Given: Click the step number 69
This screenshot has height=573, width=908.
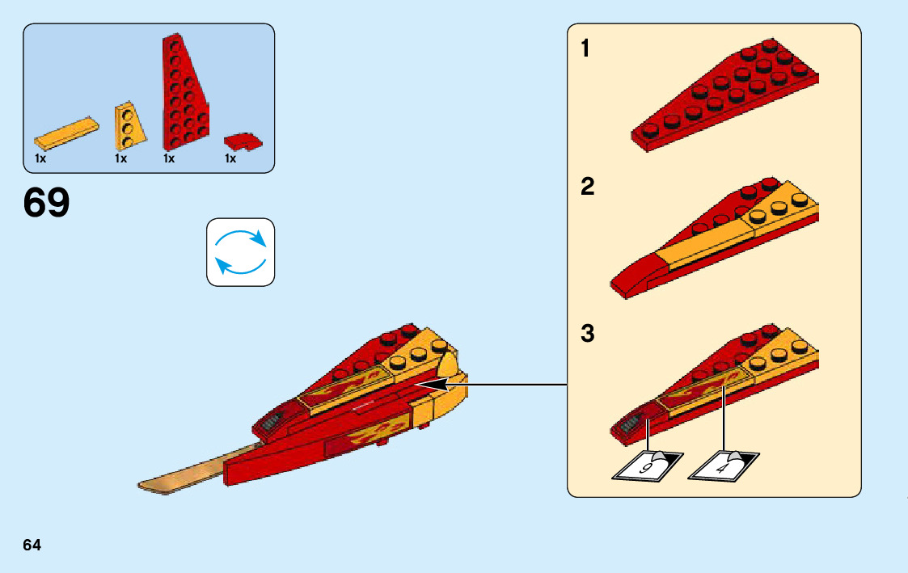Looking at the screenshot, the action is (47, 203).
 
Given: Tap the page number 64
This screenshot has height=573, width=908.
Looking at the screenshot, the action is (32, 545).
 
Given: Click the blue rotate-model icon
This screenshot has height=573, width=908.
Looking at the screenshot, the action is (240, 251).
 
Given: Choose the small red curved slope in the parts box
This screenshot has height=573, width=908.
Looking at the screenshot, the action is (243, 141).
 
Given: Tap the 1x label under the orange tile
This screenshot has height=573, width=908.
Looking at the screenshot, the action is (40, 159).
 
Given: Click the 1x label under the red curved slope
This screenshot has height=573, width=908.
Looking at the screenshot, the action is (230, 159).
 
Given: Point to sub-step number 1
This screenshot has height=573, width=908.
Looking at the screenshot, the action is (586, 50).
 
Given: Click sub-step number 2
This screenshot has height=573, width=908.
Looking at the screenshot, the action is (587, 187).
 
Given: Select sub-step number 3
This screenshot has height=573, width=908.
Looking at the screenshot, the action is (587, 333).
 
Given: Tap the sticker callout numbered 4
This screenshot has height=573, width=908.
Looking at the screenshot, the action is (722, 466).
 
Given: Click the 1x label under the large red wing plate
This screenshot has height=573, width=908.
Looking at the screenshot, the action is (169, 159).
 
